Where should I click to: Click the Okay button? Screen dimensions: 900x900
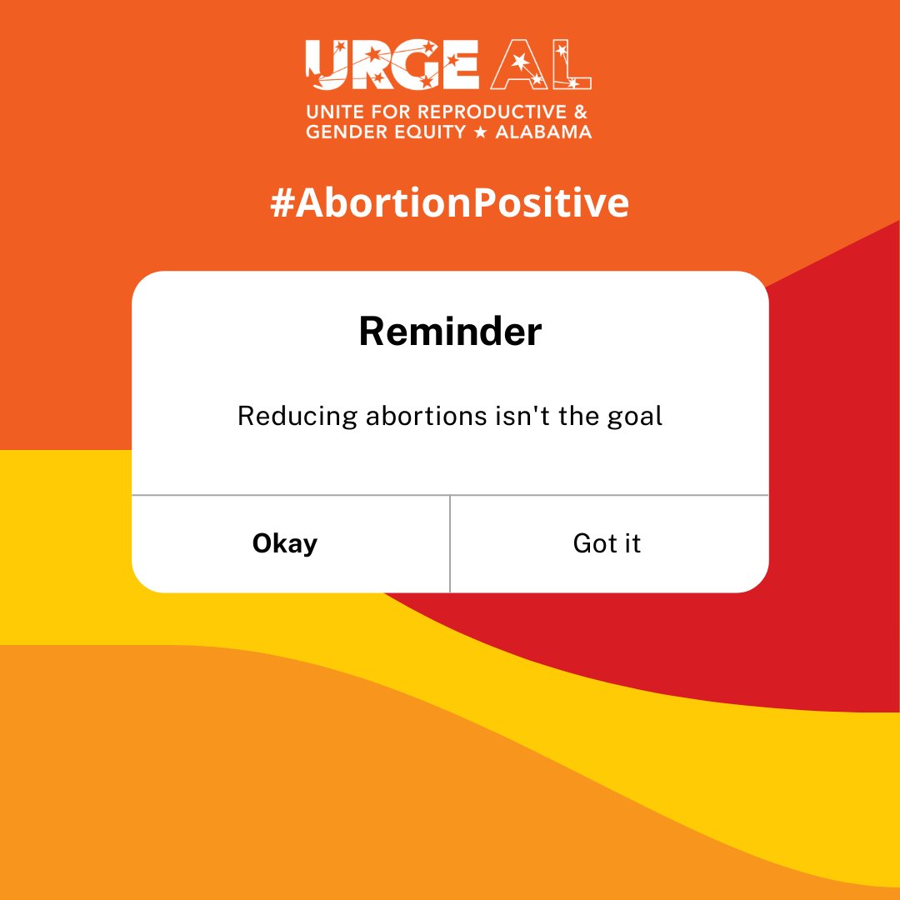click(285, 544)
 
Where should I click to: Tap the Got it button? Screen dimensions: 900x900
click(607, 544)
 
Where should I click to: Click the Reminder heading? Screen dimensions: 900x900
click(450, 332)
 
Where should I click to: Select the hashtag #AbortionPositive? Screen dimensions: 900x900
click(450, 202)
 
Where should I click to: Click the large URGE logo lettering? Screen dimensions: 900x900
click(392, 65)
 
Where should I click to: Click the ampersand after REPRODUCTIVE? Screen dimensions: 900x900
click(582, 111)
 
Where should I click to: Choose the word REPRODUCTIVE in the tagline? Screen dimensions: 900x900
click(484, 111)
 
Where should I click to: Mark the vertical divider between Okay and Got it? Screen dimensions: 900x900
click(450, 543)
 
